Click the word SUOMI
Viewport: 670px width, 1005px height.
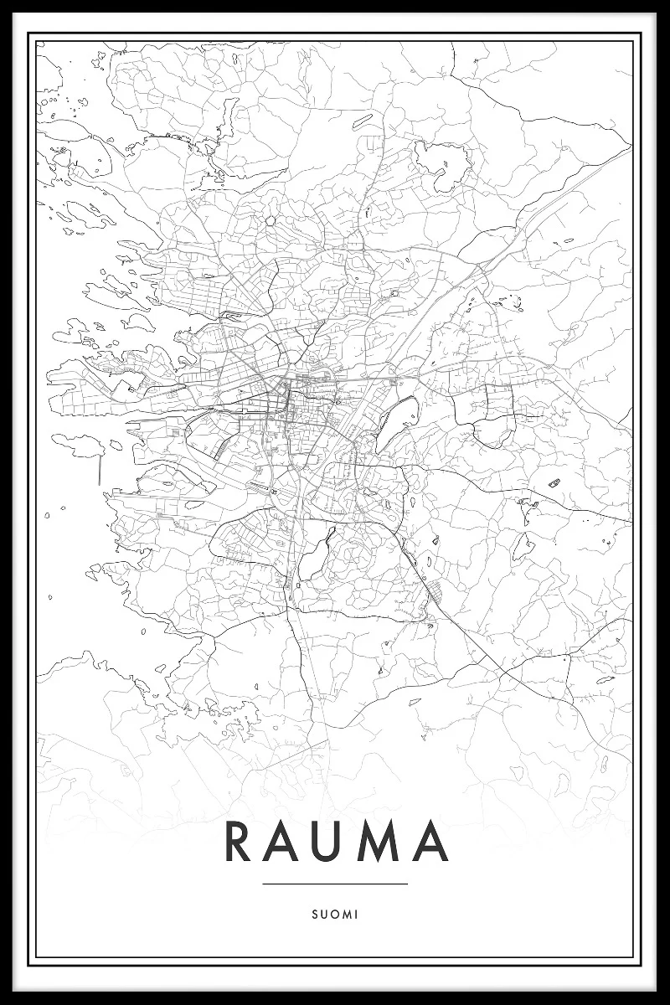pyautogui.click(x=335, y=915)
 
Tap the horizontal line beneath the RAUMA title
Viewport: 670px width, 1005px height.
pyautogui.click(x=335, y=884)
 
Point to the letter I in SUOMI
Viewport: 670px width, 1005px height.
pyautogui.click(x=356, y=915)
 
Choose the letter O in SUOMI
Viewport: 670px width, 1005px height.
pyautogui.click(x=334, y=915)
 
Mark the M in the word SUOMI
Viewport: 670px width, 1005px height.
pyautogui.click(x=346, y=915)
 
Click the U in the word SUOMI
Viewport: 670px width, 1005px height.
pyautogui.click(x=324, y=915)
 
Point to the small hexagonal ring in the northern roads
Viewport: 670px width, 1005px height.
pyautogui.click(x=271, y=221)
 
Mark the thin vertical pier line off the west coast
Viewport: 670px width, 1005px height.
pyautogui.click(x=100, y=469)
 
